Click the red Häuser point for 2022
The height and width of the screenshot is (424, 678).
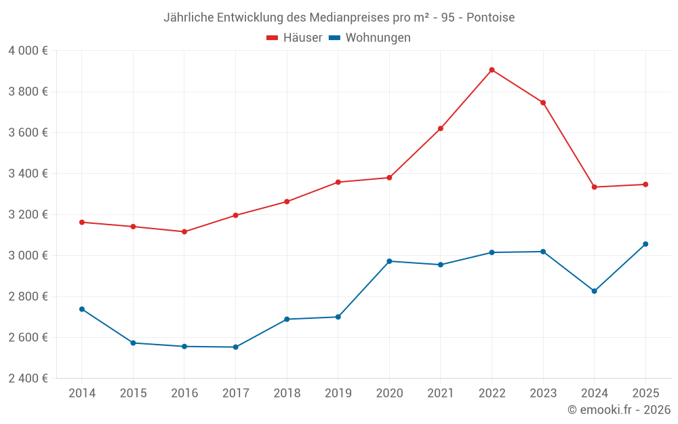(x=492, y=70)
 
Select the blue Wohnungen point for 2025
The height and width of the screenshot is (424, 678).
(x=645, y=244)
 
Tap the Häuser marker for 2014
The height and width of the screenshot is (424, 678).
(x=81, y=223)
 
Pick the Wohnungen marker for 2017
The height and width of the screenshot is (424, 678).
(x=235, y=347)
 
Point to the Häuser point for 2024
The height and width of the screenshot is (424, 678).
(x=594, y=187)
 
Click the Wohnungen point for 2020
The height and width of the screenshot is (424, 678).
(x=389, y=261)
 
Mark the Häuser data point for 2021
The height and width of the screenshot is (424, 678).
(x=441, y=129)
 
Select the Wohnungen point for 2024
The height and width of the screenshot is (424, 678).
(x=594, y=291)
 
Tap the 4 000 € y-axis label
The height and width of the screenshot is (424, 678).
(x=28, y=51)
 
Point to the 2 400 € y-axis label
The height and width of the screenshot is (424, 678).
(x=28, y=379)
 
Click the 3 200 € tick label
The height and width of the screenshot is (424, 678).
(x=28, y=214)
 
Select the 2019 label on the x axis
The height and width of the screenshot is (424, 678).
(x=338, y=393)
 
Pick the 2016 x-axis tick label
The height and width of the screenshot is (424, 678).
(x=184, y=393)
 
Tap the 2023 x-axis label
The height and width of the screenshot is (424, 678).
(x=543, y=393)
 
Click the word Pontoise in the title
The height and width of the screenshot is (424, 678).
(x=490, y=17)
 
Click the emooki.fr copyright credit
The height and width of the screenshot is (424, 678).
(x=619, y=410)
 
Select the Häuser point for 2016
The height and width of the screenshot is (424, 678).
(x=184, y=232)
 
